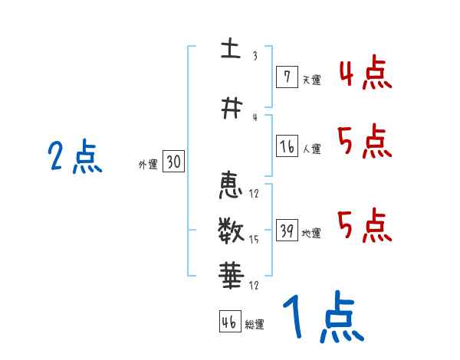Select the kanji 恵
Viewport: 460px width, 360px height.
coord(230,185)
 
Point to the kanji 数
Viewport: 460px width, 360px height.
coord(230,227)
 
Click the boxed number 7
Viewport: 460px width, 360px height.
coord(287,77)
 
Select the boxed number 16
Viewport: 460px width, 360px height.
coord(287,147)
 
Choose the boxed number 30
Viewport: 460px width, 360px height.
coord(173,162)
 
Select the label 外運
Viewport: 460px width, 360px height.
coord(148,164)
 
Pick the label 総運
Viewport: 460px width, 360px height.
coord(255,325)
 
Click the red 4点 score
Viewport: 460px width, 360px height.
coord(365,75)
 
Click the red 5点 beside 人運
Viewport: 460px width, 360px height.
coord(365,142)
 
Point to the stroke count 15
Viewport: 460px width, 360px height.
coord(254,241)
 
